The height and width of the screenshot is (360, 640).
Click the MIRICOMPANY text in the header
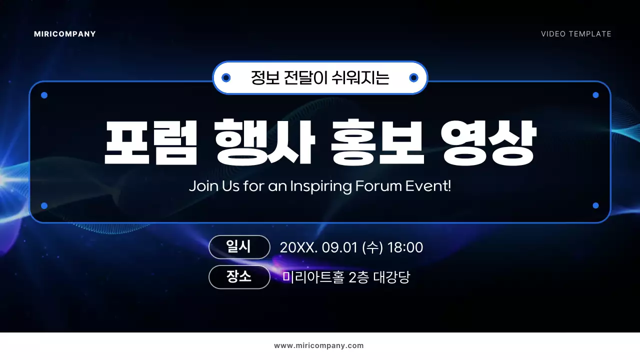(65, 34)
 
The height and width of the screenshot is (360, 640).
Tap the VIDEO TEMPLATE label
(576, 34)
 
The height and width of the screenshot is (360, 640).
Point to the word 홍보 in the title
(378, 142)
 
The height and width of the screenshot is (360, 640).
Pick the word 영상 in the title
(489, 142)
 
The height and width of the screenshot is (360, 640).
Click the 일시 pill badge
(239, 247)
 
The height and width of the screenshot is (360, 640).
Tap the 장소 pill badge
(239, 277)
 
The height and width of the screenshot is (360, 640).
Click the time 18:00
(405, 247)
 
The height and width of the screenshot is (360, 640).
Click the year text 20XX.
(298, 247)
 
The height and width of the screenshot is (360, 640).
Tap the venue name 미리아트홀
(313, 277)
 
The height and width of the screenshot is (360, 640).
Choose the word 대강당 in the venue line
(391, 277)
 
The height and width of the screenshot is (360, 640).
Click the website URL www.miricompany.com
(319, 345)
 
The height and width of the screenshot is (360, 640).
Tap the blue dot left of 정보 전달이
(226, 77)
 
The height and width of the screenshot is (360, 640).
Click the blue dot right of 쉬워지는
(413, 77)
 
